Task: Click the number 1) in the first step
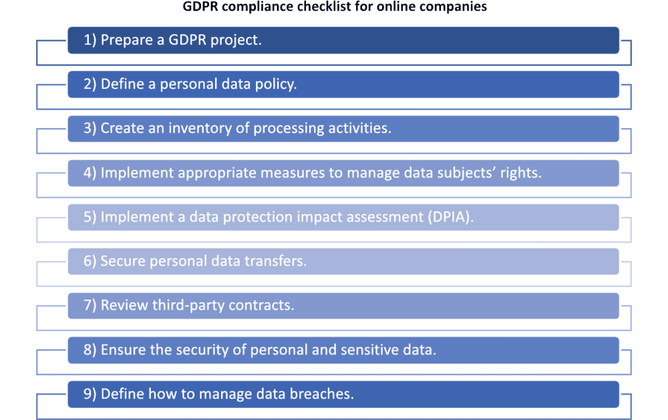point(90,40)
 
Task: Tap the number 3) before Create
point(90,128)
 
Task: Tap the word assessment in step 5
point(386,217)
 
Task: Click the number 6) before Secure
point(90,261)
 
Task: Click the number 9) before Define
point(90,394)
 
